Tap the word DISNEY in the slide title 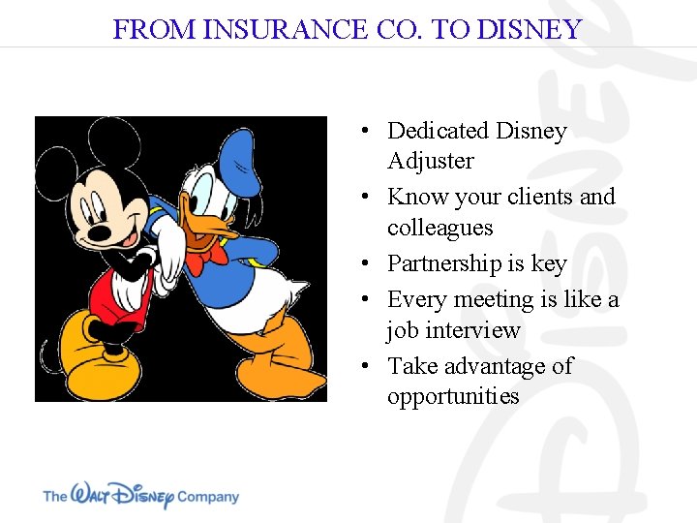coord(531,29)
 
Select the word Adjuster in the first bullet coord(431,161)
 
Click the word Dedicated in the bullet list coord(437,131)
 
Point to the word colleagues coord(439,228)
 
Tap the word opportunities coord(453,396)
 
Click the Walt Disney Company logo coord(140,495)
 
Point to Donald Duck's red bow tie coord(206,256)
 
